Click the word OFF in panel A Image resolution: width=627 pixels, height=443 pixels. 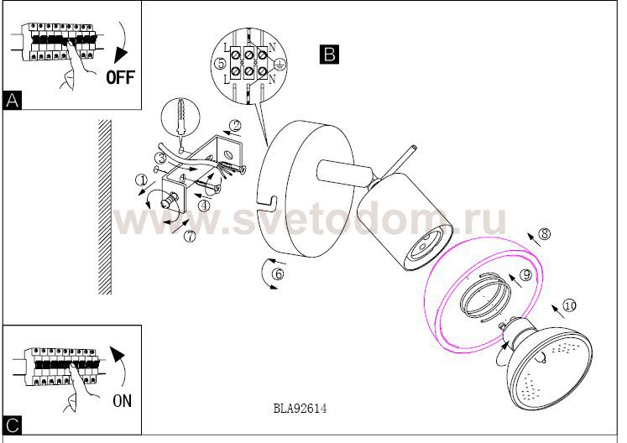[x=121, y=76]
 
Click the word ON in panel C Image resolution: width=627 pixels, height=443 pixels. [x=122, y=400]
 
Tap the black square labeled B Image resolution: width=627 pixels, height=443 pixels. [x=330, y=55]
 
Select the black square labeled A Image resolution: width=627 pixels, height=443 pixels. [x=13, y=100]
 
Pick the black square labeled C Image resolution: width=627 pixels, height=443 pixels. [x=13, y=425]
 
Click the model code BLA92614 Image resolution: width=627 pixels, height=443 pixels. [x=300, y=409]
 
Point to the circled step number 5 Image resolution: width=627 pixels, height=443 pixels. [x=220, y=64]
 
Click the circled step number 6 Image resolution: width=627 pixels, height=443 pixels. [x=279, y=274]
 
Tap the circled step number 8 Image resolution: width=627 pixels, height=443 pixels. [x=545, y=233]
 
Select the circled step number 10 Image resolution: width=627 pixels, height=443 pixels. [x=569, y=306]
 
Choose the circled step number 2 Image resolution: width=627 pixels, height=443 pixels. [x=236, y=126]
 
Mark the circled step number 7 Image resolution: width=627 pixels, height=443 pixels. [x=190, y=236]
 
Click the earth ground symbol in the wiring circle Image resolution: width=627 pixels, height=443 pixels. [x=280, y=63]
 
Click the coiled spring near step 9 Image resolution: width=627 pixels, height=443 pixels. [x=486, y=294]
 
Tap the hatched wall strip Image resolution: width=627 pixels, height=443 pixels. [x=105, y=207]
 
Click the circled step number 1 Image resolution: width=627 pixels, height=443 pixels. [x=142, y=180]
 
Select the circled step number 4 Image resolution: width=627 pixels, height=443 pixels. [x=204, y=206]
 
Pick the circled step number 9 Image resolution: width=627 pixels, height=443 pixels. [x=526, y=274]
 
